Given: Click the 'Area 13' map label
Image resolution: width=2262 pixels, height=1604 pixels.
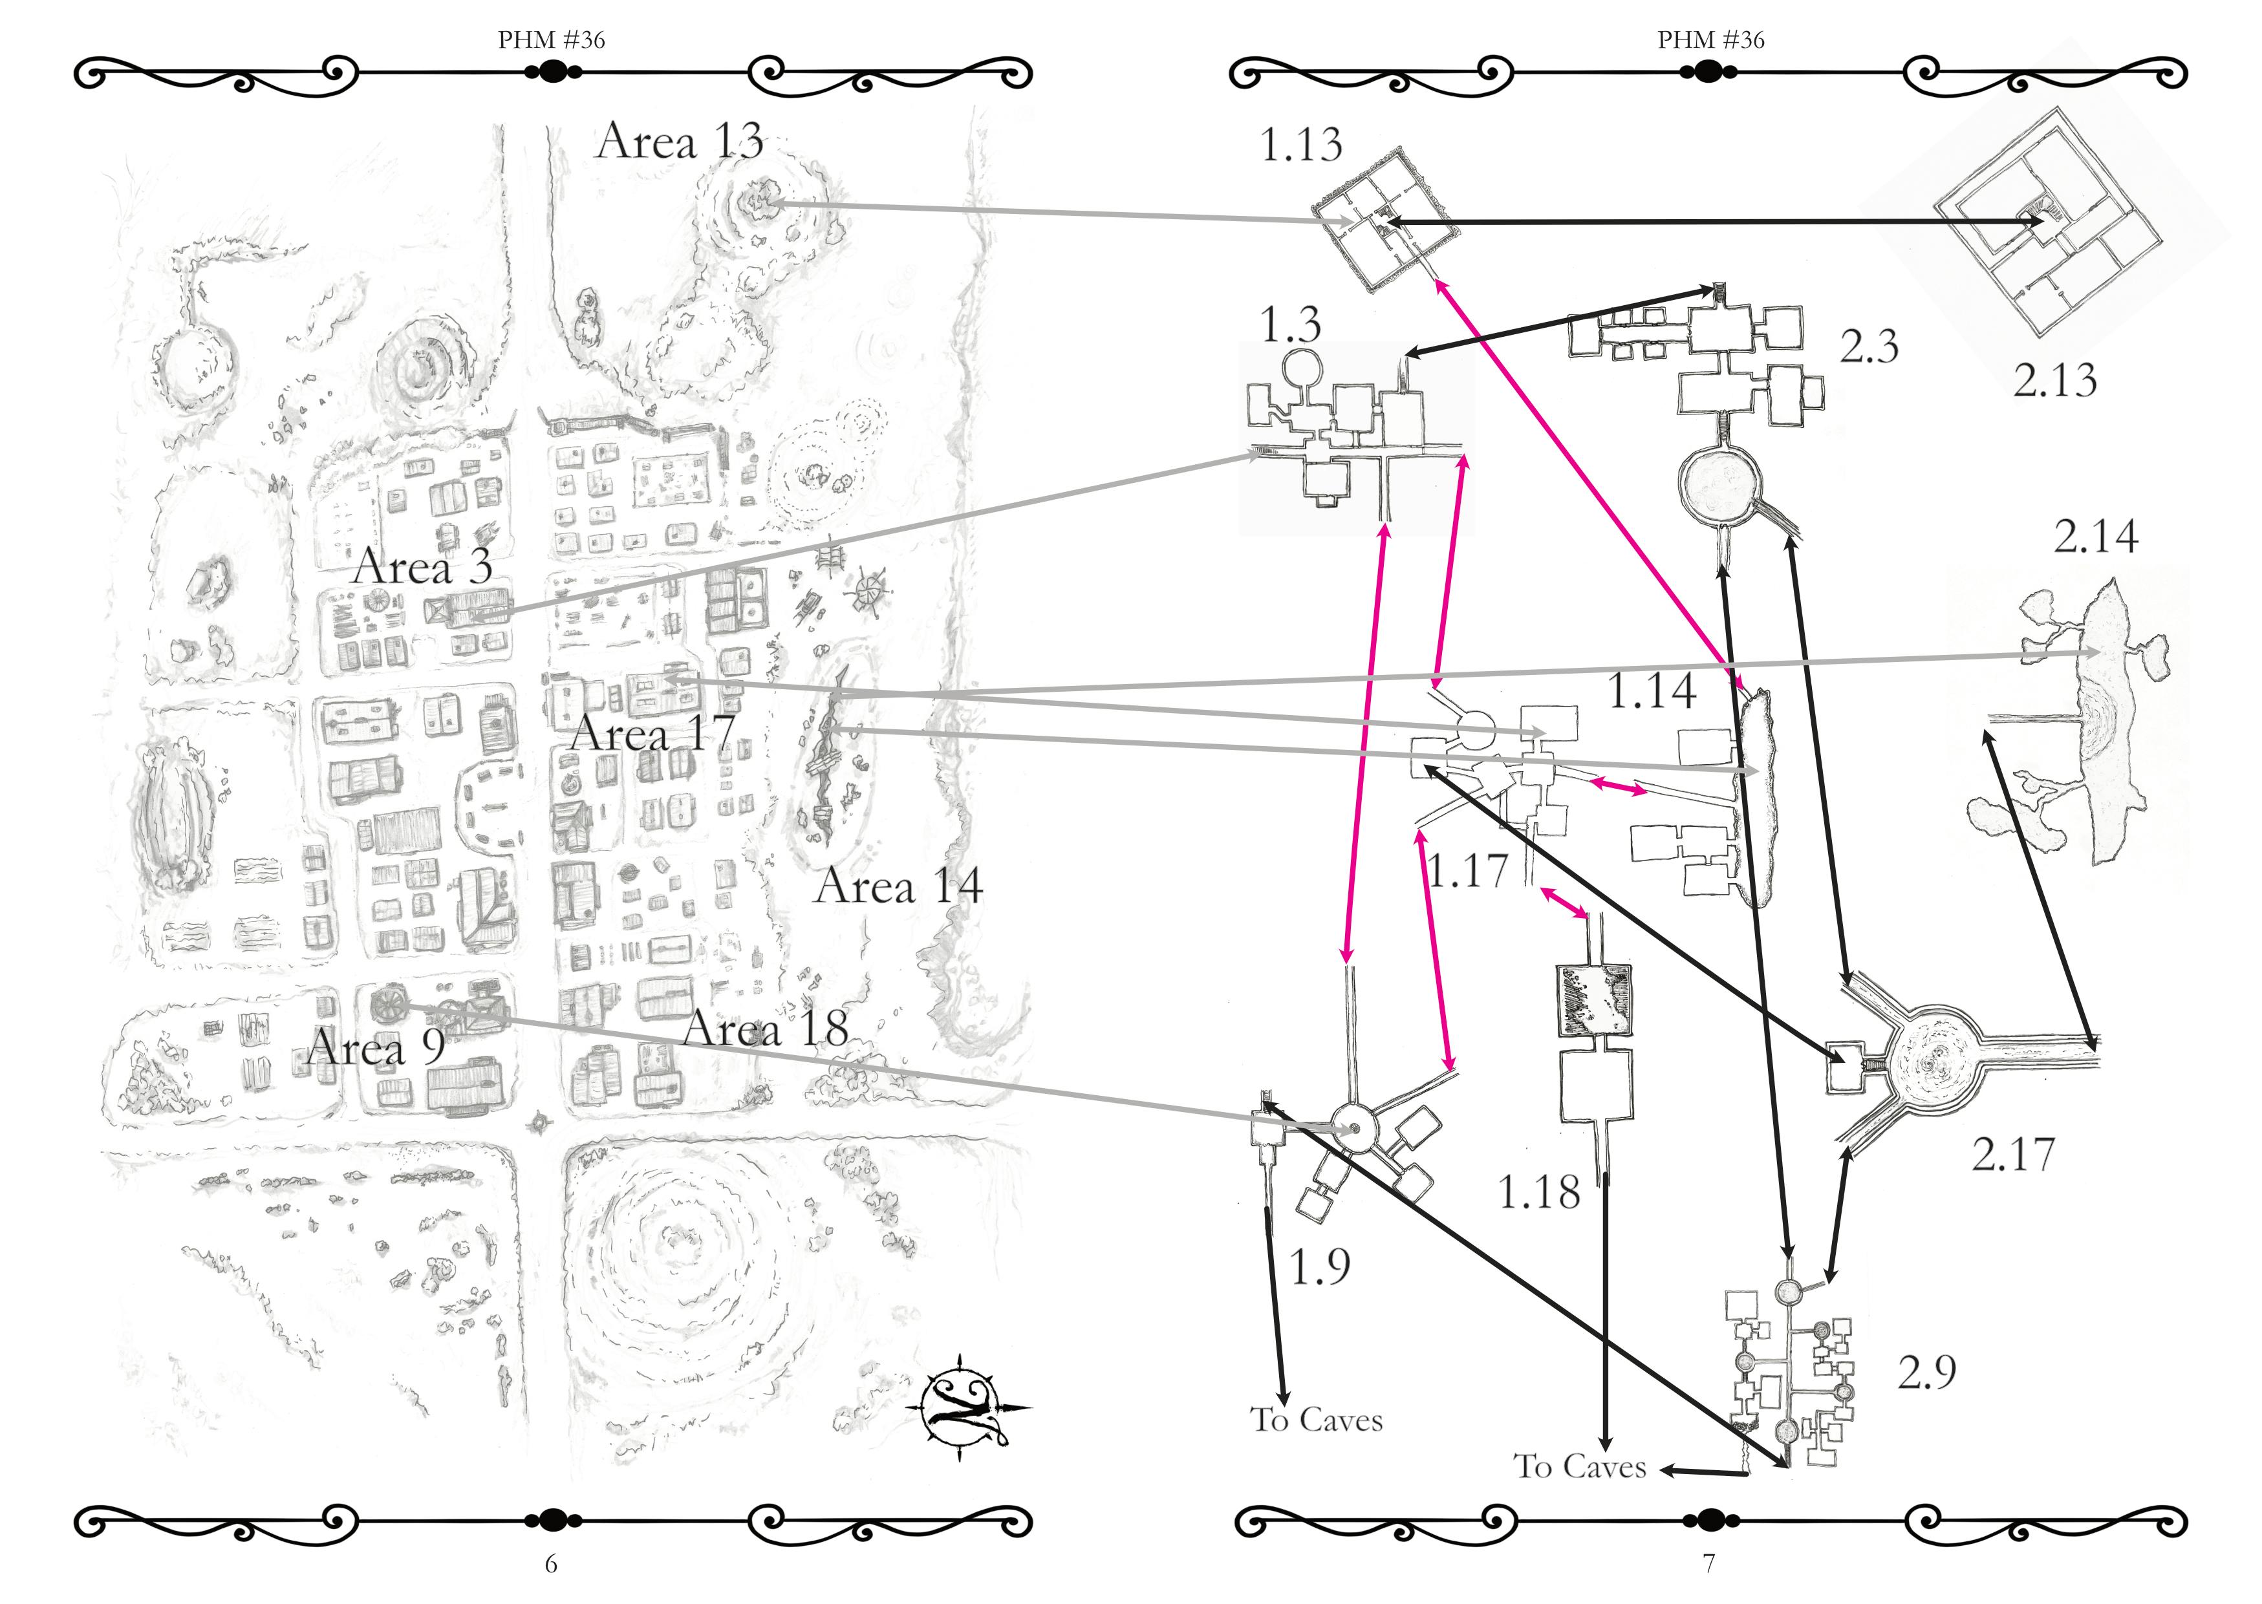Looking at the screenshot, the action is [680, 141].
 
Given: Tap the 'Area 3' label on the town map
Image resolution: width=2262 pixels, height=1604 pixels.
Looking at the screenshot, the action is [422, 567].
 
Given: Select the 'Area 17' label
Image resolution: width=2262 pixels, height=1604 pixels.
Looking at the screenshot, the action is [653, 734].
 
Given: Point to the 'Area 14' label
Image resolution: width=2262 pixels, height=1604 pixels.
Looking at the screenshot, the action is [898, 886].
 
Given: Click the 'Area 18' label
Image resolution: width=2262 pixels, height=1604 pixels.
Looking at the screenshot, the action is [766, 1029].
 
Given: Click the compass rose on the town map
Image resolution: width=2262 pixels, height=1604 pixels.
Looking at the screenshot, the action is [965, 1406].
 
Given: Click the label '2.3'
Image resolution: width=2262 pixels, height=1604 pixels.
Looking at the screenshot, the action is [1869, 347].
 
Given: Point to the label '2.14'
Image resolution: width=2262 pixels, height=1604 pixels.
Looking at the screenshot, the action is [2096, 537].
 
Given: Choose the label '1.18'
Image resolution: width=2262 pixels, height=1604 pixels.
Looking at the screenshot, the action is [1539, 1193].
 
